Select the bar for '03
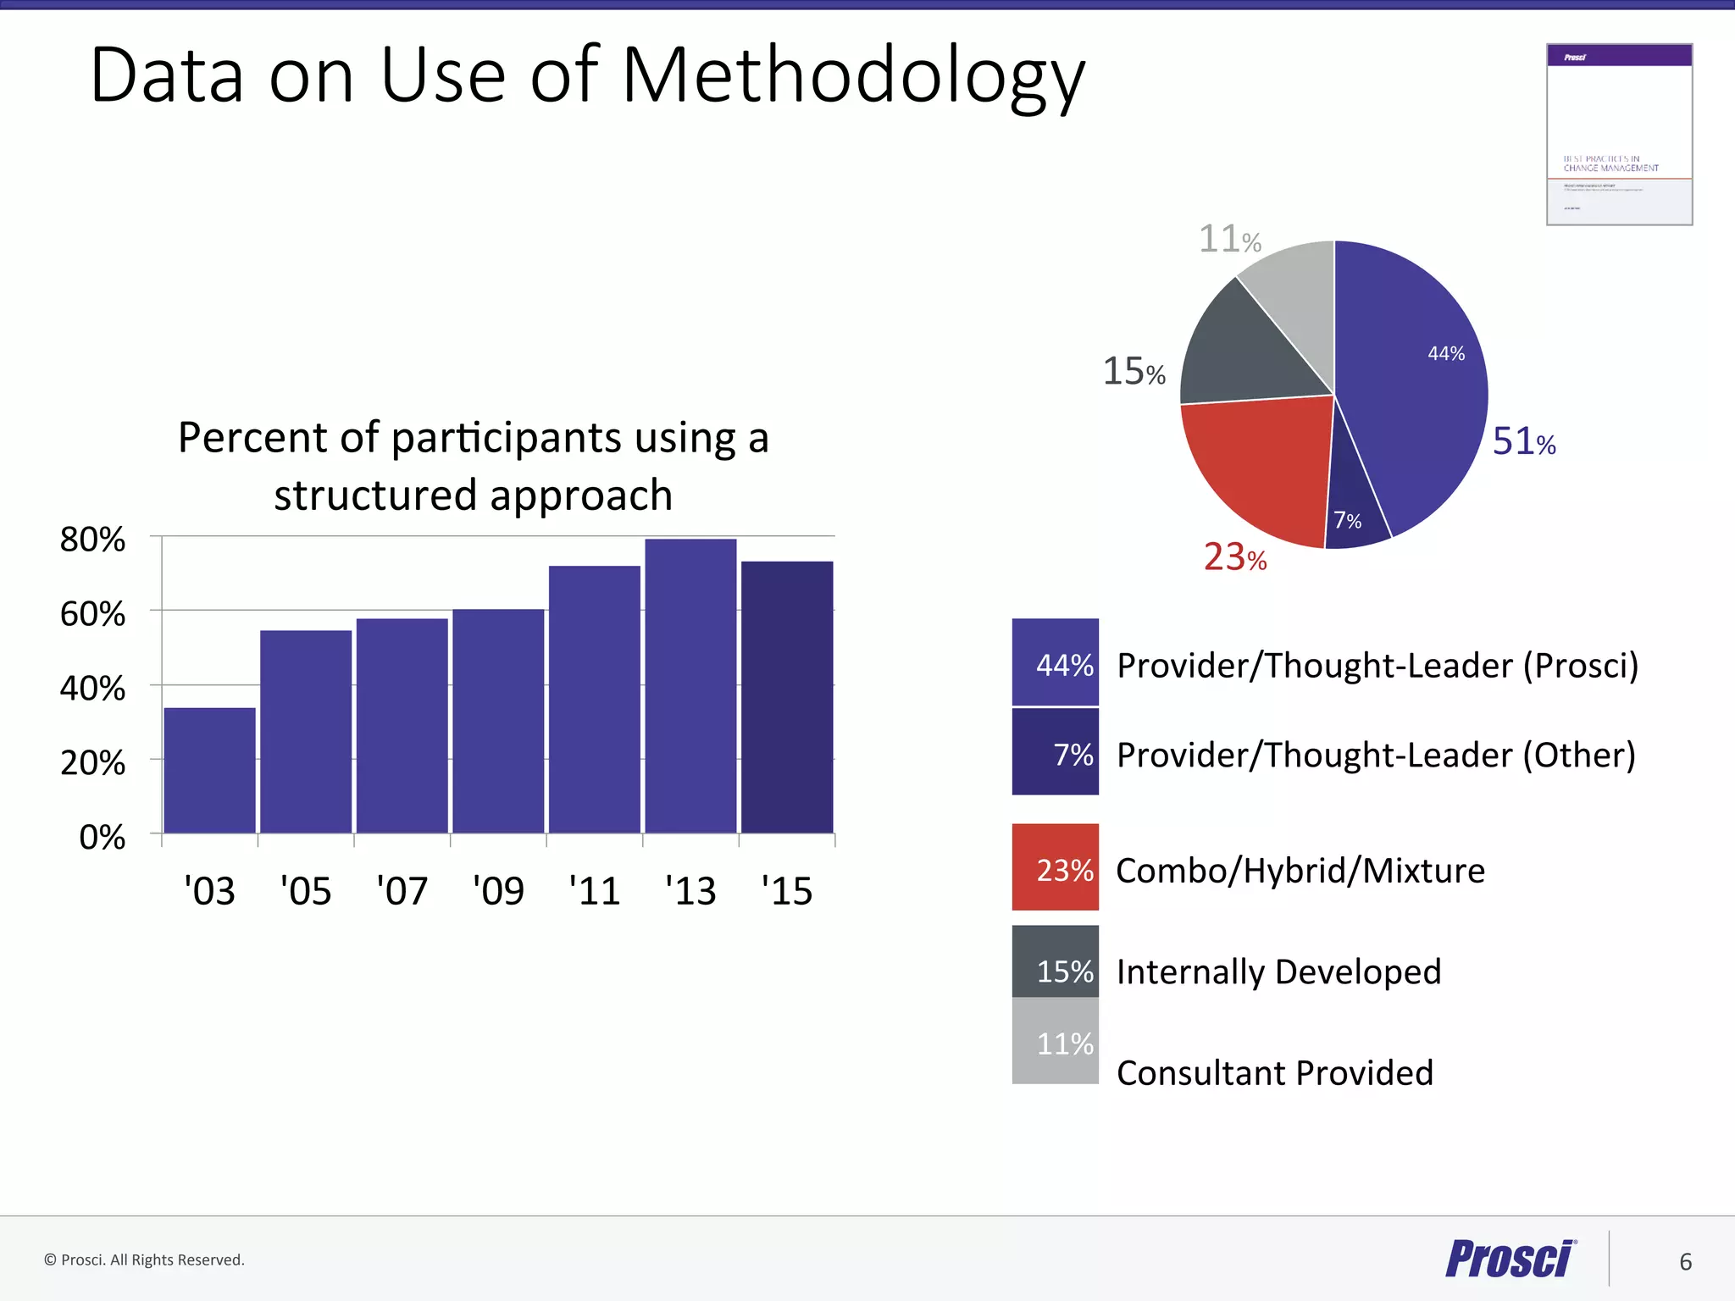pyautogui.click(x=209, y=770)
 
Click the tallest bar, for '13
pyautogui.click(x=690, y=686)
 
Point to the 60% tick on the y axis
pyautogui.click(x=92, y=614)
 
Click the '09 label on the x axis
pyautogui.click(x=498, y=891)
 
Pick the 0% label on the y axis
pyautogui.click(x=102, y=838)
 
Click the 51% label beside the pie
pyautogui.click(x=1523, y=441)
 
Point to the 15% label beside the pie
pyautogui.click(x=1134, y=372)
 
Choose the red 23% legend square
pyautogui.click(x=1055, y=867)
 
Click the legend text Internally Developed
pyautogui.click(x=1278, y=972)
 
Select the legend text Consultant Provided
pyautogui.click(x=1274, y=1073)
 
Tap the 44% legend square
pyautogui.click(x=1055, y=662)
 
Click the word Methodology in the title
pyautogui.click(x=853, y=76)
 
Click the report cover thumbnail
pyautogui.click(x=1619, y=135)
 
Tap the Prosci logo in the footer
pyautogui.click(x=1510, y=1259)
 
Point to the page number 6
pyautogui.click(x=1685, y=1262)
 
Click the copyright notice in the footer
pyautogui.click(x=144, y=1259)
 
